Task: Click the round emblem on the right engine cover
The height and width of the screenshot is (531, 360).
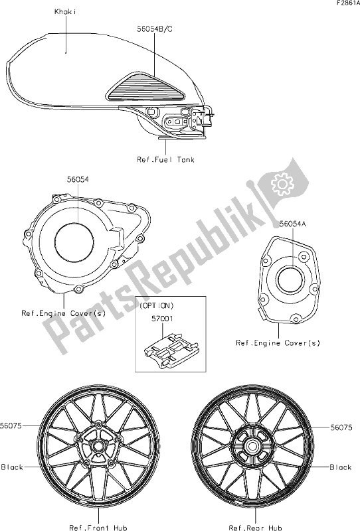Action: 290,277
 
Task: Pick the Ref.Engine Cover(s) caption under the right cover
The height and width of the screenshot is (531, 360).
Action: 278,342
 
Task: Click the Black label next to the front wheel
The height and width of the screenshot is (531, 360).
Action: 13,467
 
